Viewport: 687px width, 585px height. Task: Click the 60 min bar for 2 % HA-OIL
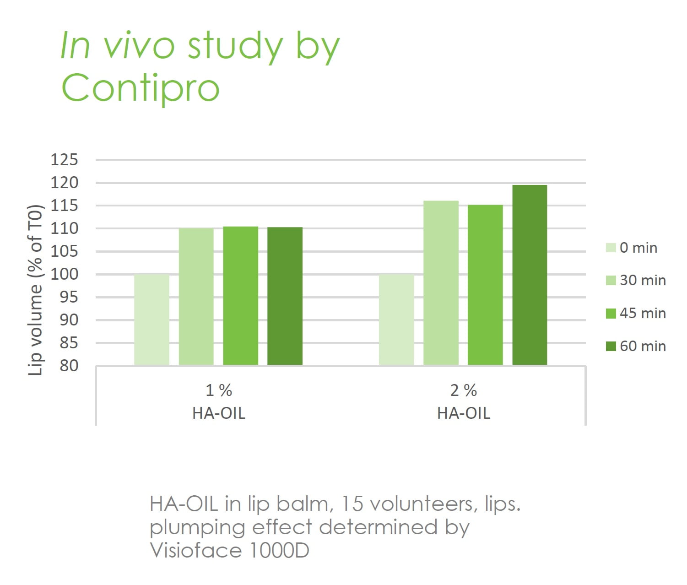[x=530, y=275]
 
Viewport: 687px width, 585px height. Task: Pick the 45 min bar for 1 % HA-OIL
[x=240, y=296]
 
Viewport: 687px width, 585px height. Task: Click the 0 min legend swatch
[x=611, y=248]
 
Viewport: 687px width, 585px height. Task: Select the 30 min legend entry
[x=636, y=280]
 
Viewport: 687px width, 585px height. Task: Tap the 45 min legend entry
[x=636, y=313]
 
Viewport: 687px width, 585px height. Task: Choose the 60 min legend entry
[x=636, y=346]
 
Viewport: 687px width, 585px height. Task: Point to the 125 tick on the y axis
[x=64, y=160]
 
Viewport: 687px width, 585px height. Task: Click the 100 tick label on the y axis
[x=64, y=274]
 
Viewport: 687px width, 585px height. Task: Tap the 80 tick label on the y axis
[x=69, y=366]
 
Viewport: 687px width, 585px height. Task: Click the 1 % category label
[x=219, y=390]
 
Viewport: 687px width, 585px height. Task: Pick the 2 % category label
[x=464, y=390]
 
